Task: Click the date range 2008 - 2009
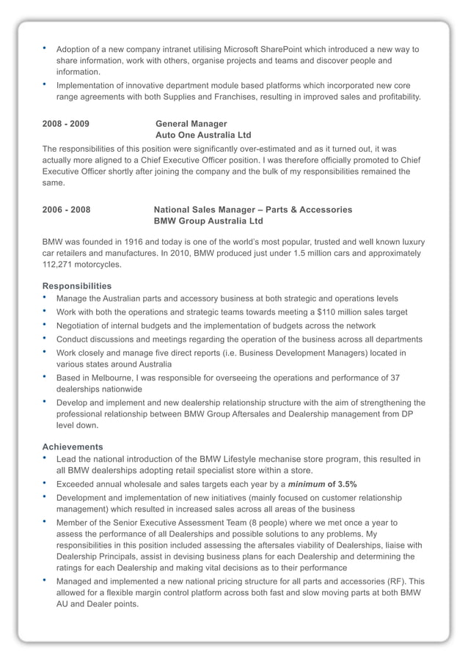click(x=66, y=124)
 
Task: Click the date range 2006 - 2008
click(x=66, y=210)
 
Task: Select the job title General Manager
click(x=191, y=124)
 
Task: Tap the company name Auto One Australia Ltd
click(x=203, y=136)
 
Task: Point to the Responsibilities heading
click(x=77, y=286)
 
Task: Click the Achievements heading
click(x=73, y=446)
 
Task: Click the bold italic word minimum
click(x=307, y=485)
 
